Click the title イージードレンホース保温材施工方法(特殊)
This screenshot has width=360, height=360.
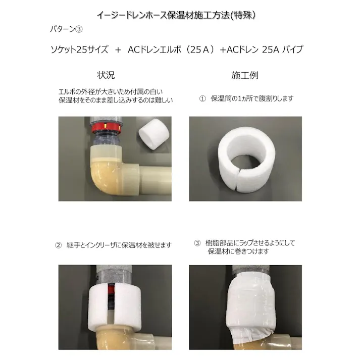(x=180, y=15)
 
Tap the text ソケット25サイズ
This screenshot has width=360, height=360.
(x=79, y=50)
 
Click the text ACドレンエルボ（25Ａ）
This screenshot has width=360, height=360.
(x=172, y=50)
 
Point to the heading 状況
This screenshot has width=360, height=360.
(x=106, y=75)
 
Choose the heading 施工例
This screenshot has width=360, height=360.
(x=244, y=75)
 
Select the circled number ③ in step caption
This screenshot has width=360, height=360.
(x=197, y=243)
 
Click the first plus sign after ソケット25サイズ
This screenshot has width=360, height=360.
(x=118, y=50)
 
